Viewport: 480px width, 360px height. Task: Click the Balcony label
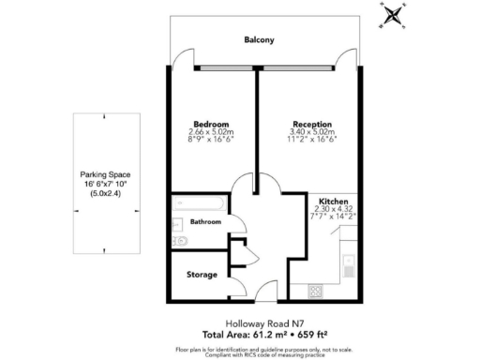(x=260, y=40)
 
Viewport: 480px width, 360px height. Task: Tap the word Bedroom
(x=209, y=124)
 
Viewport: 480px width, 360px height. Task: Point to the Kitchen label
(x=335, y=202)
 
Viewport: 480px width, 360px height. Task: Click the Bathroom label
(x=206, y=222)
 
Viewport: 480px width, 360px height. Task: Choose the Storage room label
(x=202, y=275)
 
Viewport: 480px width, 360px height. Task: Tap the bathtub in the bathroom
(x=197, y=202)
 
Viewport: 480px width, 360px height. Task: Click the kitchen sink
(x=348, y=263)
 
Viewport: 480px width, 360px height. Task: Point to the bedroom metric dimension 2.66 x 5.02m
(x=209, y=132)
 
